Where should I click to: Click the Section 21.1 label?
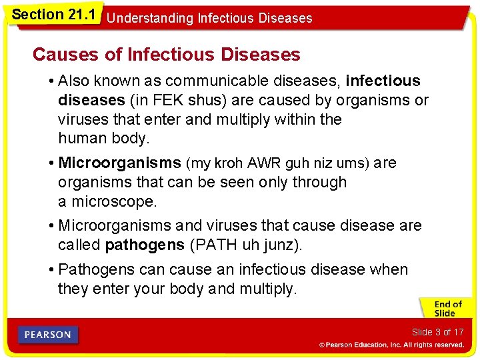point(53,13)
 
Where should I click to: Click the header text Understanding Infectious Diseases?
point(209,18)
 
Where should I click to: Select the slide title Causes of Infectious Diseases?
point(167,54)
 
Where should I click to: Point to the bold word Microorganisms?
point(120,163)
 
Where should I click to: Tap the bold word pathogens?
point(145,245)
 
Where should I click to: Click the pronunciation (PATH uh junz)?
point(246,245)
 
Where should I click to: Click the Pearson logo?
point(48,335)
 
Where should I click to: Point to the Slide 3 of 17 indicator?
point(437,332)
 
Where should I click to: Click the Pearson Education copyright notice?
point(391,345)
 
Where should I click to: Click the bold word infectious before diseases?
point(383,81)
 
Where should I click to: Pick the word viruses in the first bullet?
point(82,120)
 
